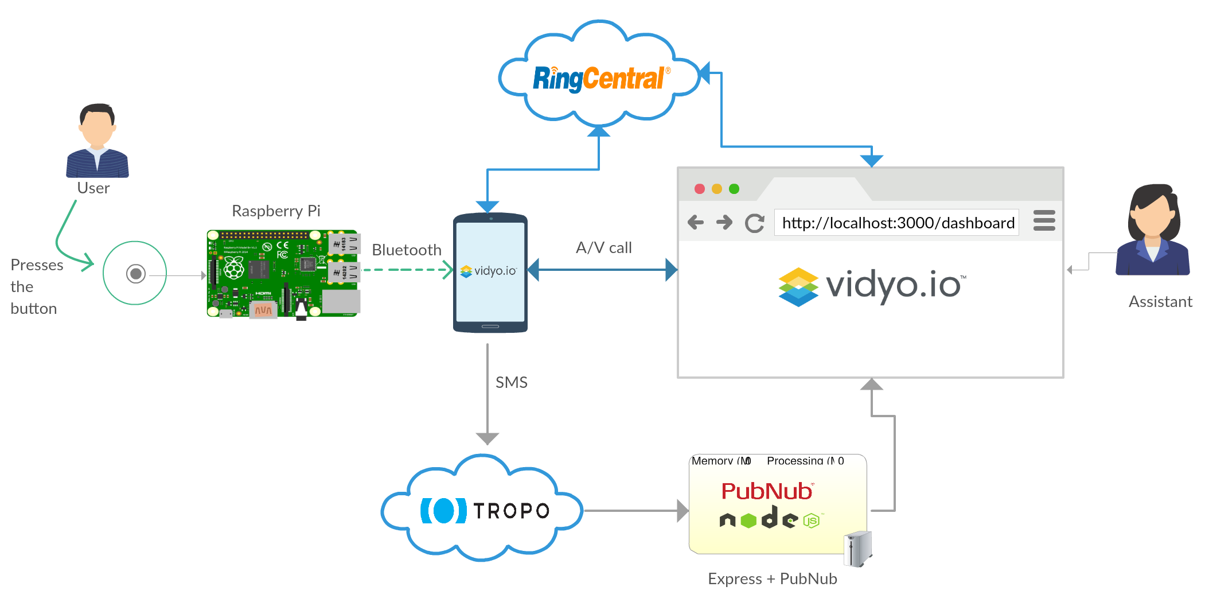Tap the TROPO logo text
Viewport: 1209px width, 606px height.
pos(511,510)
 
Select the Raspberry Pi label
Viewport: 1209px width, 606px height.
pos(276,211)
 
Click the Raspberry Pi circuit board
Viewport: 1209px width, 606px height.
pos(283,274)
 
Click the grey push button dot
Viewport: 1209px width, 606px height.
pos(136,274)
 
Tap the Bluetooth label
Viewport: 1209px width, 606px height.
pos(407,250)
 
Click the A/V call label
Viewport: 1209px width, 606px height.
pos(603,247)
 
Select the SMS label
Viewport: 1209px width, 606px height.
pos(511,382)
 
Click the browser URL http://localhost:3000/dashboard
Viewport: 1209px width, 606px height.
pos(898,223)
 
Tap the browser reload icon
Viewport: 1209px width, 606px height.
pos(754,223)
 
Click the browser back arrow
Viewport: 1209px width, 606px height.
pos(696,222)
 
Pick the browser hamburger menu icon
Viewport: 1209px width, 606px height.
pos(1044,220)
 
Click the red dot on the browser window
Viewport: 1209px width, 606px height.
pos(700,189)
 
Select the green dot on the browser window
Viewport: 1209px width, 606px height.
pos(734,189)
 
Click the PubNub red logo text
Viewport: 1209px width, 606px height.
pos(767,491)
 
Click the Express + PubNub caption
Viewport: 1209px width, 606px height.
pos(772,578)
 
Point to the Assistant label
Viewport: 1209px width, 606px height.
pos(1160,301)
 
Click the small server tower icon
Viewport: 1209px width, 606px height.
pos(858,549)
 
